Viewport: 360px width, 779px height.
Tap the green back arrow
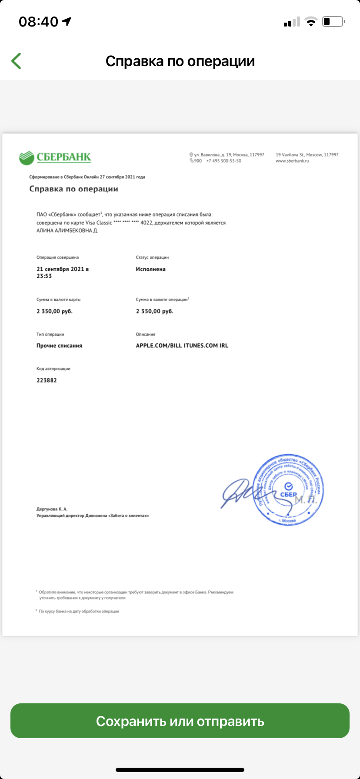pyautogui.click(x=17, y=61)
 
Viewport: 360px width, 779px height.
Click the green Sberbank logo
pyautogui.click(x=55, y=157)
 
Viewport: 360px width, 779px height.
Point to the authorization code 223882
pyautogui.click(x=47, y=380)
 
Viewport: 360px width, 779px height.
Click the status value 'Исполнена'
pyautogui.click(x=150, y=269)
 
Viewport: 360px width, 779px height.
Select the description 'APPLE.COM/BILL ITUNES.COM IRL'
pyautogui.click(x=182, y=346)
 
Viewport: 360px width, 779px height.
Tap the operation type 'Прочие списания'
pyautogui.click(x=59, y=346)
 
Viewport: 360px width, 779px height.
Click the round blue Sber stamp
pyautogui.click(x=288, y=490)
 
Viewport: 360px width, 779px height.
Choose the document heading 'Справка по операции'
pyautogui.click(x=73, y=189)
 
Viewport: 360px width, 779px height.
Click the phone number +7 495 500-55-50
pyautogui.click(x=223, y=161)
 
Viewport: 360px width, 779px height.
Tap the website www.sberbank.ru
pyautogui.click(x=292, y=161)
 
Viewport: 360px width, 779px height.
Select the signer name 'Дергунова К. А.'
pyautogui.click(x=52, y=509)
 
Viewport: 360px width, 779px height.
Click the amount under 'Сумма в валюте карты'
pyautogui.click(x=54, y=311)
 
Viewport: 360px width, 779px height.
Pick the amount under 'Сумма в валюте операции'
pyautogui.click(x=154, y=311)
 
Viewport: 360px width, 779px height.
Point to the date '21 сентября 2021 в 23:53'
pyautogui.click(x=62, y=272)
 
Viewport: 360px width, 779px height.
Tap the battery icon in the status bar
pyautogui.click(x=333, y=21)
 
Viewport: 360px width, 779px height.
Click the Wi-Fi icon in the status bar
pyautogui.click(x=311, y=22)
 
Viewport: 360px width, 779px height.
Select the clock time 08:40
pyautogui.click(x=38, y=21)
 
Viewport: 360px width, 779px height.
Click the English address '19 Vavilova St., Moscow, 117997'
pyautogui.click(x=307, y=155)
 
